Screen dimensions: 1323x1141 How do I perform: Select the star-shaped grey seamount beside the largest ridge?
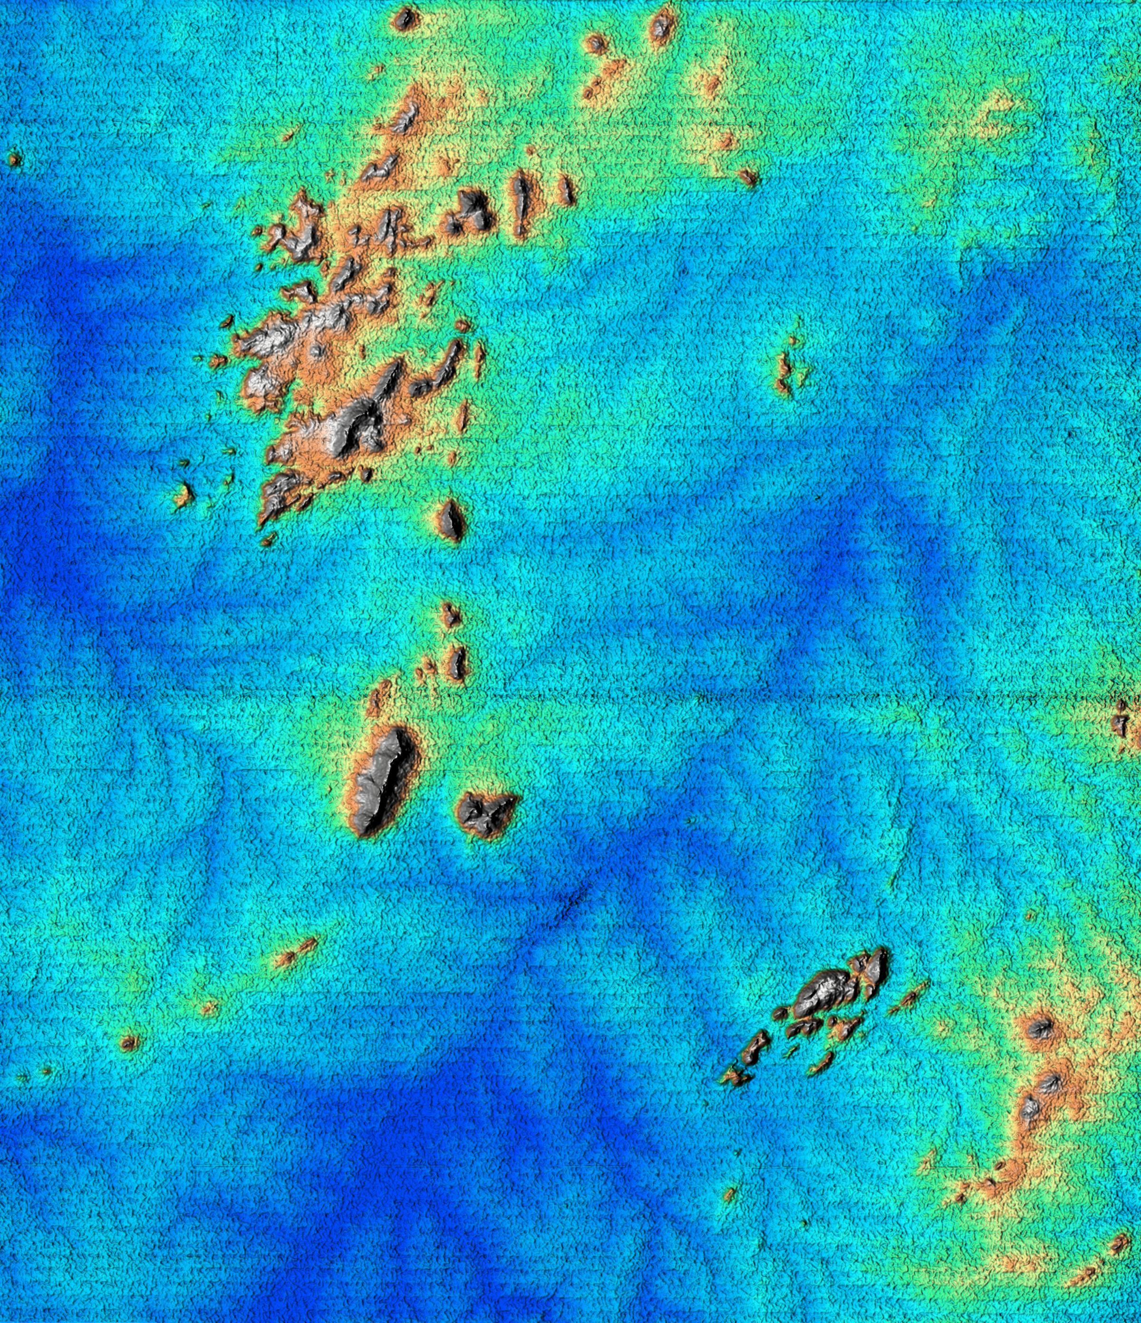tap(485, 814)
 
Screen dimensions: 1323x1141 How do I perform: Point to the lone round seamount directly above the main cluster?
tap(404, 19)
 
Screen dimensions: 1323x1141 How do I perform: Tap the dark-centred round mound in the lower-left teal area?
tap(129, 1043)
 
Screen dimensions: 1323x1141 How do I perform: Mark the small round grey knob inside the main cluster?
tap(317, 350)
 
